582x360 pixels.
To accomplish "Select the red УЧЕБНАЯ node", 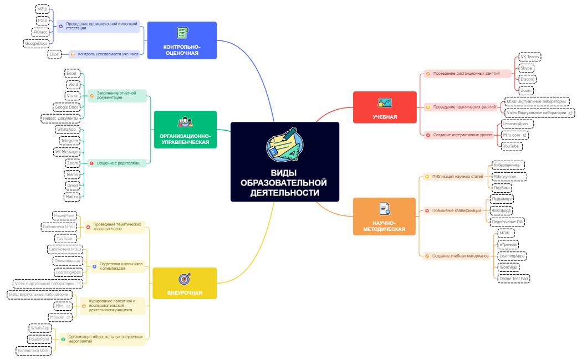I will click(x=385, y=107).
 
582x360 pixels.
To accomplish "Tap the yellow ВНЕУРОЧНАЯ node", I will click(x=184, y=283).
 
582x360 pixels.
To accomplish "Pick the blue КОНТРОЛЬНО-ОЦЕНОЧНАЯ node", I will click(x=182, y=40).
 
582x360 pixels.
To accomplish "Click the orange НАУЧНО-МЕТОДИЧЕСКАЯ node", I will click(x=384, y=216).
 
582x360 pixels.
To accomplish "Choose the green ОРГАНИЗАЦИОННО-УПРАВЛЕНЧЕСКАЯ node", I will click(x=185, y=130).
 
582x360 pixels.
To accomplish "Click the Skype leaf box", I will click(x=526, y=68).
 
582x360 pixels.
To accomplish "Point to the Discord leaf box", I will click(x=527, y=79).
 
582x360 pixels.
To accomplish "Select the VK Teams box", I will click(x=529, y=57).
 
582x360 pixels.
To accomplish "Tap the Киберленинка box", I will click(x=508, y=165).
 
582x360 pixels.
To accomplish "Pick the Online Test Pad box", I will click(x=514, y=278).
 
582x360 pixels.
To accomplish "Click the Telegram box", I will click(x=69, y=141).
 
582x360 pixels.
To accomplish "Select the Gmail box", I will click(x=72, y=186).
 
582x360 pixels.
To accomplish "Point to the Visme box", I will click(x=72, y=96).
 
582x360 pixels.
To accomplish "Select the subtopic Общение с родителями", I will click(x=118, y=163).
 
